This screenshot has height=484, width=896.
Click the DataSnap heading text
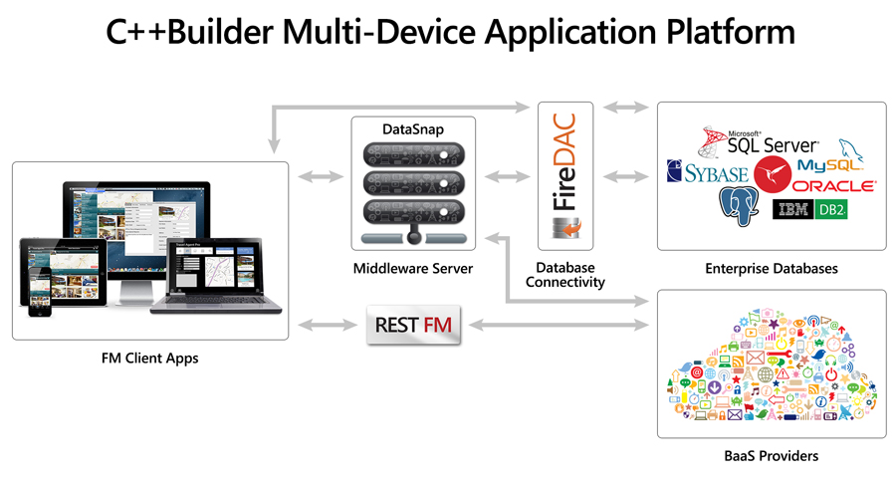tap(413, 129)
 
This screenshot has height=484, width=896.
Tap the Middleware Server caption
tap(412, 269)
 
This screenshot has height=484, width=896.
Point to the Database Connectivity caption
tap(564, 275)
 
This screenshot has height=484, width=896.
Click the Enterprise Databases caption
tap(771, 269)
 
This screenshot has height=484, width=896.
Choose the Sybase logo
tap(707, 173)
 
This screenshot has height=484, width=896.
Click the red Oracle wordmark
tap(834, 186)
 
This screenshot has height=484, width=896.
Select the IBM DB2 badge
tap(809, 209)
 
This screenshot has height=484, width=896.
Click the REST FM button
tap(414, 325)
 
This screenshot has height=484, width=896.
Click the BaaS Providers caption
tap(771, 456)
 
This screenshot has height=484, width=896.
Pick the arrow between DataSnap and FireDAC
tap(507, 176)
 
